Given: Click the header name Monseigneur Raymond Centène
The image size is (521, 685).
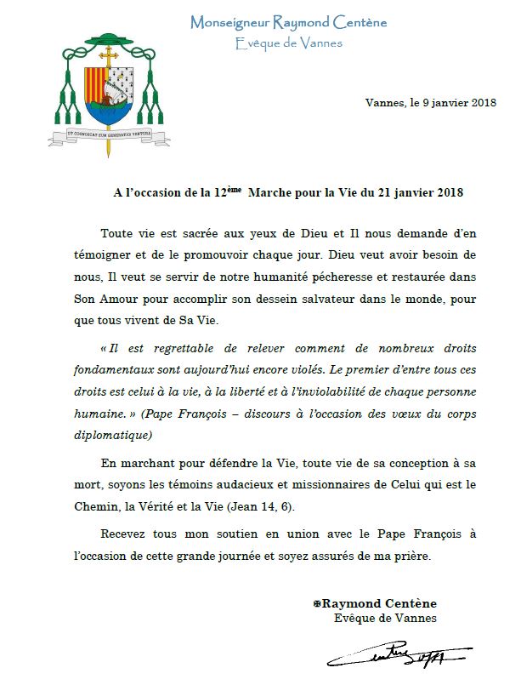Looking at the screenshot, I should [288, 23].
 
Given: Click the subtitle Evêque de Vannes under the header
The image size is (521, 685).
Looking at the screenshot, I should [288, 43].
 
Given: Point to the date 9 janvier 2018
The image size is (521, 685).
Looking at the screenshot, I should [452, 103].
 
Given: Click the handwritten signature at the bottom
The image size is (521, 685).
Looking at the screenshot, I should [399, 655].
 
